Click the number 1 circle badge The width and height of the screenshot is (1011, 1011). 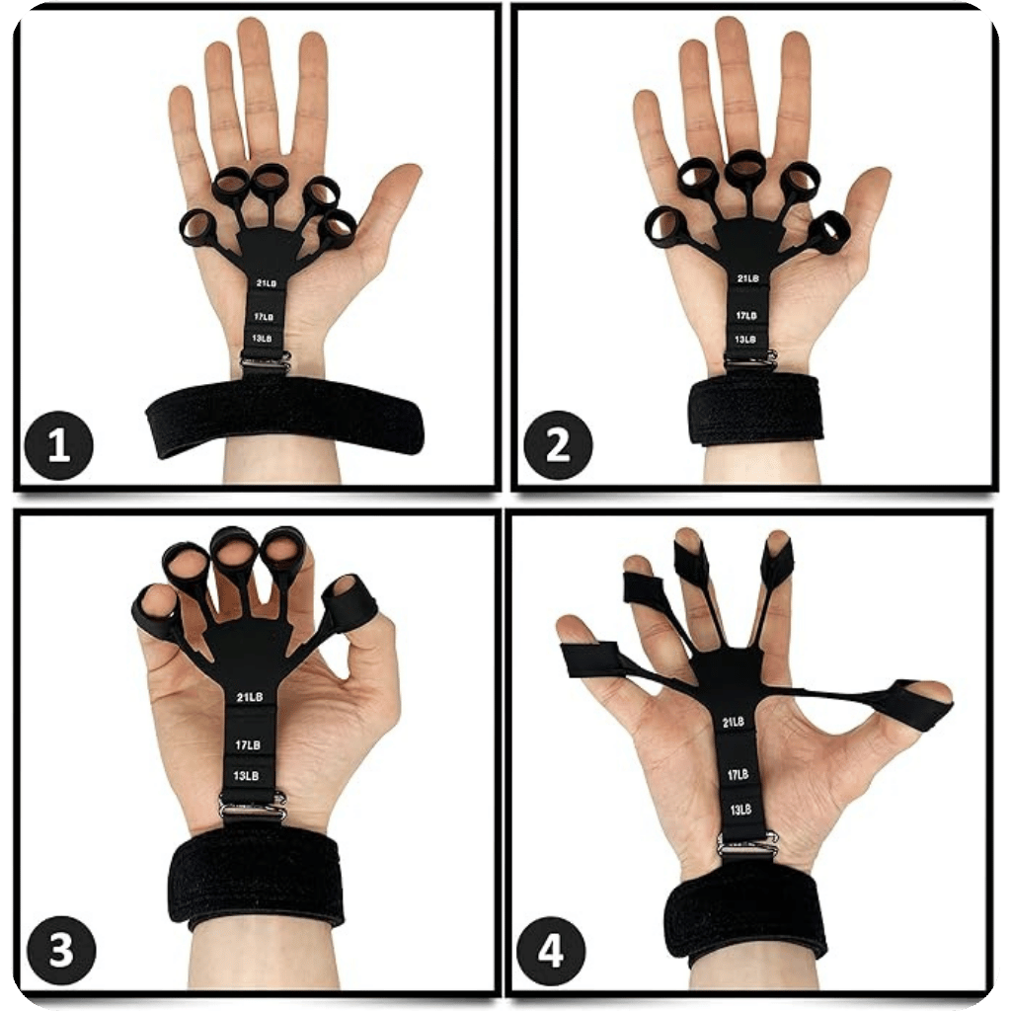tap(58, 446)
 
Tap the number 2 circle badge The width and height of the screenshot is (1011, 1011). tap(558, 445)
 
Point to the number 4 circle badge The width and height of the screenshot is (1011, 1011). tap(553, 952)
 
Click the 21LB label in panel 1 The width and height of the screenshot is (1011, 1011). tap(266, 283)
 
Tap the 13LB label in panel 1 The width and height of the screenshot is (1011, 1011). tap(262, 339)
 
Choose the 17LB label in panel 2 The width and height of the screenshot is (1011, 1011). tap(747, 316)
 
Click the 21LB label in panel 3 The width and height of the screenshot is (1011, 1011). tap(250, 697)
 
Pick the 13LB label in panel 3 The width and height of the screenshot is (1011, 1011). tap(247, 776)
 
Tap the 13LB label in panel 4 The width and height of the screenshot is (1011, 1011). tap(741, 810)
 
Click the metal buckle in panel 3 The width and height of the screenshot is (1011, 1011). tap(253, 807)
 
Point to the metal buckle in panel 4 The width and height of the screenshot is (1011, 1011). tap(747, 844)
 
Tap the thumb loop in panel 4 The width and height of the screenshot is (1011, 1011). tap(914, 704)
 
